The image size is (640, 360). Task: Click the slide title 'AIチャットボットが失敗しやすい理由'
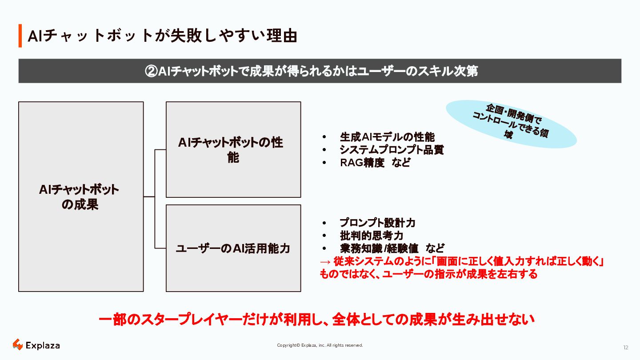pos(162,36)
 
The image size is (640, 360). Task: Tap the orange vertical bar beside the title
pos(20,36)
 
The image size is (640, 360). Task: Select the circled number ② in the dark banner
pos(152,71)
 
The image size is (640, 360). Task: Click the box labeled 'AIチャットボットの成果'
pos(80,196)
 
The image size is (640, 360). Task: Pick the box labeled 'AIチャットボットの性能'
pos(233,150)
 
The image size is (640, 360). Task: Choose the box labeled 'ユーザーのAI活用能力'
pos(233,248)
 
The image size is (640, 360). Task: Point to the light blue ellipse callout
pos(511,124)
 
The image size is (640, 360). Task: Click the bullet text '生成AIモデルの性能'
pos(387,137)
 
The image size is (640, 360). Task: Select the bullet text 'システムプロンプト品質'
pos(392,150)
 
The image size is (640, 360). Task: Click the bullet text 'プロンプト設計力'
pos(378,223)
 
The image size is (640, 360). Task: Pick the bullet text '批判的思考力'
pos(372,236)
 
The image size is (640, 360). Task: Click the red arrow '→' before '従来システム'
pos(325,262)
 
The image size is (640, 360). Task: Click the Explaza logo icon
pos(17,344)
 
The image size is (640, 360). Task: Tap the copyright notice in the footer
pos(320,345)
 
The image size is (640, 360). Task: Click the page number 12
pos(626,348)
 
